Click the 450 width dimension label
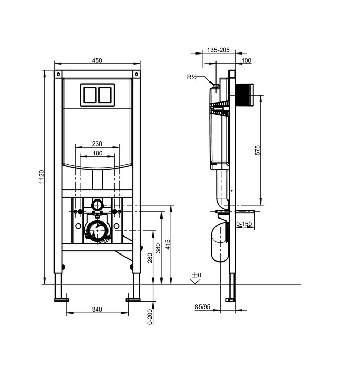tap(97, 60)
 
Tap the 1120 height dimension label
tap(42, 177)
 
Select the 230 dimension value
tap(97, 144)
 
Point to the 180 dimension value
tap(97, 153)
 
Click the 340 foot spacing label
tap(97, 310)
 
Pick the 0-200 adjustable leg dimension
tap(150, 316)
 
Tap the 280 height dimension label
tap(150, 258)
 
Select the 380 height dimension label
tap(158, 248)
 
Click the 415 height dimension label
tap(168, 244)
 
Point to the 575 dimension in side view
tap(257, 150)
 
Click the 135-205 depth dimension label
tap(218, 50)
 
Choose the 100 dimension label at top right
tap(246, 60)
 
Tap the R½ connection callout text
tap(192, 77)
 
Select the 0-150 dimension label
tap(244, 224)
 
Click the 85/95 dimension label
tap(203, 307)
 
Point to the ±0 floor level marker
tap(196, 275)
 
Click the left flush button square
tap(89, 95)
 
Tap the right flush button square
tap(105, 95)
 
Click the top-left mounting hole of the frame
tap(58, 74)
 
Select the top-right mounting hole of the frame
tap(136, 74)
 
